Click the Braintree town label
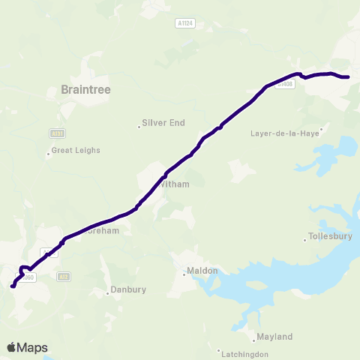[x=85, y=90]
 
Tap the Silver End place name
[x=164, y=122]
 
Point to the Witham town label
[x=174, y=184]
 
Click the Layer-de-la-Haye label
[x=285, y=133]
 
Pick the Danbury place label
[x=127, y=289]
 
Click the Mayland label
[x=274, y=337]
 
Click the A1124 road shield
[x=185, y=23]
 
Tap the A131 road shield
[x=56, y=133]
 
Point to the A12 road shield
[x=64, y=277]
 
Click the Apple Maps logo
[x=27, y=347]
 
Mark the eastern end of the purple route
[x=349, y=76]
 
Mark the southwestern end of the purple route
[x=12, y=286]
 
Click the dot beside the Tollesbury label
[x=304, y=240]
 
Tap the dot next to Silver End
[x=139, y=127]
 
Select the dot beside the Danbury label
[x=107, y=293]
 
